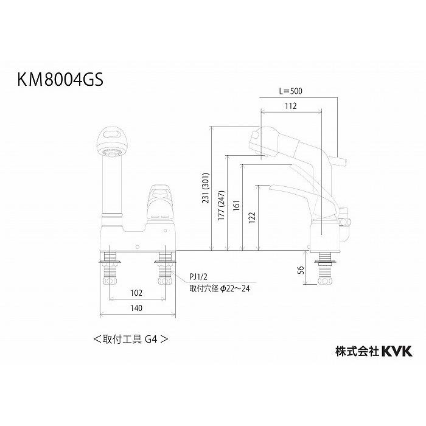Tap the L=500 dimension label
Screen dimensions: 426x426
(x=290, y=91)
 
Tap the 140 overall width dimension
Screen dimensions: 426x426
(x=136, y=309)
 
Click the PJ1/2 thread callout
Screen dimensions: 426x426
(x=198, y=276)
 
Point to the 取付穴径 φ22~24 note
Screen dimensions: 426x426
(x=218, y=288)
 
